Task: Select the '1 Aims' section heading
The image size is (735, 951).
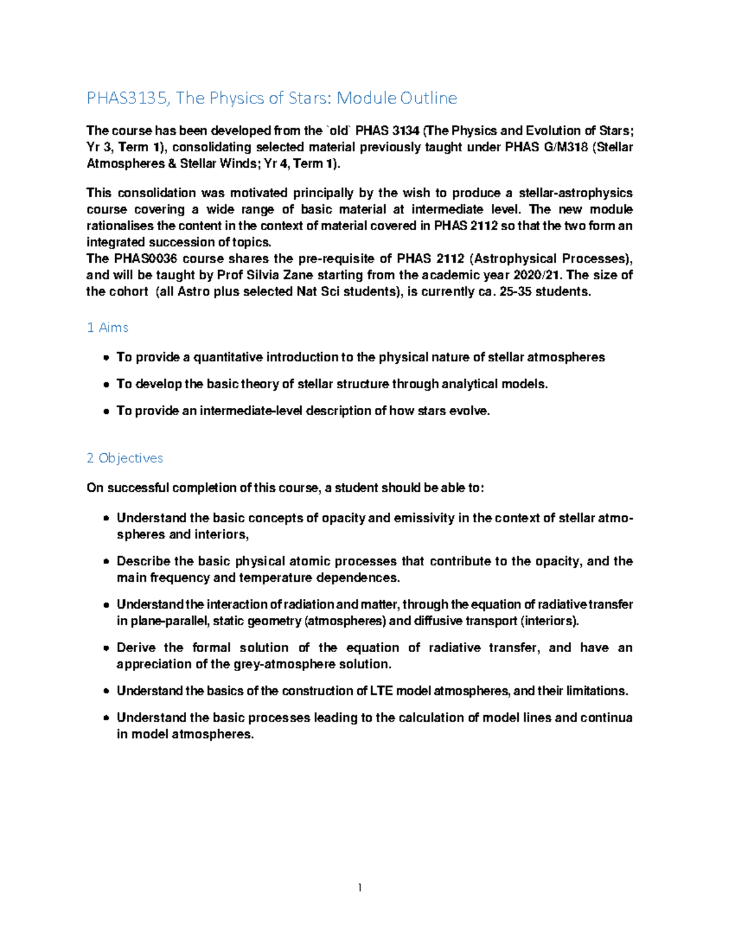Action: click(107, 328)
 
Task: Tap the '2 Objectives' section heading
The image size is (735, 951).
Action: click(124, 458)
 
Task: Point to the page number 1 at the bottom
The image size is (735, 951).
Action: click(360, 887)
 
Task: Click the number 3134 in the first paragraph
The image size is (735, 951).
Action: click(402, 130)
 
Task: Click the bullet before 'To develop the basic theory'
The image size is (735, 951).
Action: click(106, 385)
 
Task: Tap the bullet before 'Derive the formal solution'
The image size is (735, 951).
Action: click(106, 648)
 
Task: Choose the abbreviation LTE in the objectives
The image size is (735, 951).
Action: click(382, 691)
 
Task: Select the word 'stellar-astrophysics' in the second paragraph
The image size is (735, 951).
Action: click(575, 193)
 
